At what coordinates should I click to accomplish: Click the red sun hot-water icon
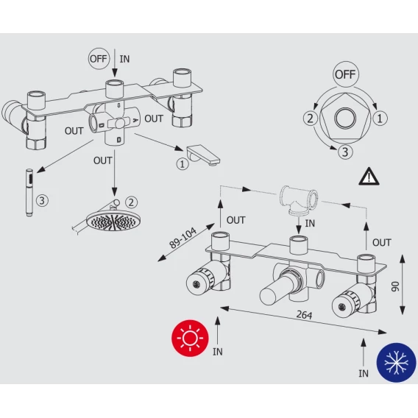(190, 339)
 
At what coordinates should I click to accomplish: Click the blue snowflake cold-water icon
(397, 362)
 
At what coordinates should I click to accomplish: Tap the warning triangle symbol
(369, 177)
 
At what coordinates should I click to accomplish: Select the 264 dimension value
(304, 315)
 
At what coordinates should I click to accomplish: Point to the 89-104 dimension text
(183, 238)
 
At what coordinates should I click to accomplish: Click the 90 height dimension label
(395, 286)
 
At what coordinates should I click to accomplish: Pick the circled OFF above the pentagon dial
(345, 74)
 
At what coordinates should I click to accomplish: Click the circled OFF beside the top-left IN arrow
(99, 59)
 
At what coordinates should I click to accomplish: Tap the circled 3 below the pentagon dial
(345, 152)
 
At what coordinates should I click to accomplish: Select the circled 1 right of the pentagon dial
(380, 118)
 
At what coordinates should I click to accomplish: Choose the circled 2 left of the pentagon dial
(311, 118)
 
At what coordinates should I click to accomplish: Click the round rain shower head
(113, 221)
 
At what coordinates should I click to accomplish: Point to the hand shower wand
(29, 193)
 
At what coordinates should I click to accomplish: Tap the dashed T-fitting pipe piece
(299, 199)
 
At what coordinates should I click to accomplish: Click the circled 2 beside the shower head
(131, 202)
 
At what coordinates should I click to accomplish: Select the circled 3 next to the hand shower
(42, 200)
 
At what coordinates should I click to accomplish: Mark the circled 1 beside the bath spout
(183, 163)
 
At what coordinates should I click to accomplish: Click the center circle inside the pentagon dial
(345, 118)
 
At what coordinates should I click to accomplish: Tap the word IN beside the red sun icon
(218, 352)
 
